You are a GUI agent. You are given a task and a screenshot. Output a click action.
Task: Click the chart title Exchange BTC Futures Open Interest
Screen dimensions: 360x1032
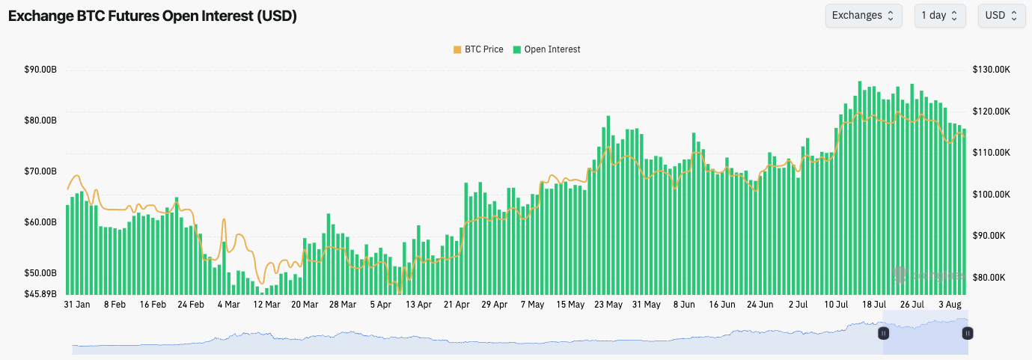(153, 16)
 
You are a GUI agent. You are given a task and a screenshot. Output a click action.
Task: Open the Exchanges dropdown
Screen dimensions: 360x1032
(863, 16)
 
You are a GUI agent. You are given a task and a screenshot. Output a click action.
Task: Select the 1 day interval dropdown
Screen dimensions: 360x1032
(939, 16)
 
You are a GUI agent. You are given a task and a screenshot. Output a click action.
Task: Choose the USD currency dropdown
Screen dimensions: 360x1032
(1001, 16)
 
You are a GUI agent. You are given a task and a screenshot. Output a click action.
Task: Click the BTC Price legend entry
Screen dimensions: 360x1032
(477, 49)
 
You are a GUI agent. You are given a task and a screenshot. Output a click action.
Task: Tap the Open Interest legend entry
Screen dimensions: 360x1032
(546, 49)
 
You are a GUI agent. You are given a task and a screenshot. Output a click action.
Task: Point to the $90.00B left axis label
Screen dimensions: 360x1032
(40, 70)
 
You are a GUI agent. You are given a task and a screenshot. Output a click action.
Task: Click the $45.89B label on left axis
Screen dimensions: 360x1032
(40, 293)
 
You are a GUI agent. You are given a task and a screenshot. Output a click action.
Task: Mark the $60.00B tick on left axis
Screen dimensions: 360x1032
(40, 222)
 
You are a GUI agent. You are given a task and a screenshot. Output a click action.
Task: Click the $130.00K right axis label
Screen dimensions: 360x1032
(992, 70)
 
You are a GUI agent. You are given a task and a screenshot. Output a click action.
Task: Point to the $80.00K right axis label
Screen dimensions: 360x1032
(992, 277)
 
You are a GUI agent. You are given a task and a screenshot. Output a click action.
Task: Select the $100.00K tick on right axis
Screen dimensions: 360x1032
(992, 195)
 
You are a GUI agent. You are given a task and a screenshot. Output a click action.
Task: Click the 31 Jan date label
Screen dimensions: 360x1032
(77, 305)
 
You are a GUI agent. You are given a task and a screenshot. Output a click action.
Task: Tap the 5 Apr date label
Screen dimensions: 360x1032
(380, 305)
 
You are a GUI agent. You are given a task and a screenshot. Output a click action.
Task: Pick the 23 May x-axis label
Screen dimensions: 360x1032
(608, 305)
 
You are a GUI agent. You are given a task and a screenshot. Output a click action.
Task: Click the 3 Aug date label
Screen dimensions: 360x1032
(950, 305)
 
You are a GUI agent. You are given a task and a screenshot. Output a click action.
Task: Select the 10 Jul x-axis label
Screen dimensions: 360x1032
(836, 305)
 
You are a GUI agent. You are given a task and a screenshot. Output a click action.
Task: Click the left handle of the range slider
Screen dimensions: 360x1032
(883, 333)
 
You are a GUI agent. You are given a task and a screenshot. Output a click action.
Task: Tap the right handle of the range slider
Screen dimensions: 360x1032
(968, 333)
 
